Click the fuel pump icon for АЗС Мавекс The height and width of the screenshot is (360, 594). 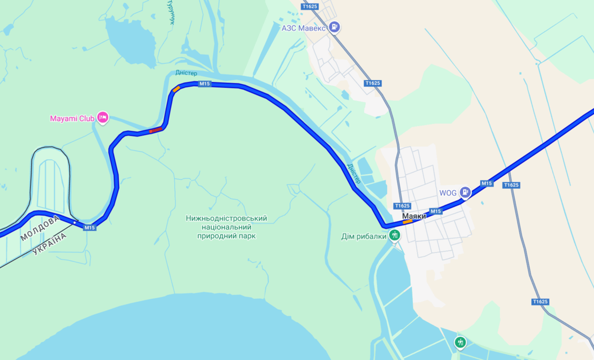[x=334, y=27]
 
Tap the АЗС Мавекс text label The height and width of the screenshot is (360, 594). [x=304, y=28]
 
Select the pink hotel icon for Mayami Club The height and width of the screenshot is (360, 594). [x=103, y=117]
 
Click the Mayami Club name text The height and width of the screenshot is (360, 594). [x=72, y=119]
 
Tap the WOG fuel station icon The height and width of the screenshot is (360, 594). [x=465, y=192]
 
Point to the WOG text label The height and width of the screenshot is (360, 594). [x=448, y=193]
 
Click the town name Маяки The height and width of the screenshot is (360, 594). [x=414, y=216]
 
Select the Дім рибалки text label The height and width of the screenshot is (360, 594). [x=364, y=237]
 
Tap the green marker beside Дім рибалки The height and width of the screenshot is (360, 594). [x=395, y=235]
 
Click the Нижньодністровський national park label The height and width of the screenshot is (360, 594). [x=226, y=227]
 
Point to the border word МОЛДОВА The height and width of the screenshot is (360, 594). [x=40, y=228]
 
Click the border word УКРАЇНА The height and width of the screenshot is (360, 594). [x=50, y=244]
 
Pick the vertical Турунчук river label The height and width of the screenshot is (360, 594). [x=172, y=12]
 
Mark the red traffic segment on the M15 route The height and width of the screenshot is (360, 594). [x=156, y=130]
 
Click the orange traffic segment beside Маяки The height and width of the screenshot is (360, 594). [x=407, y=222]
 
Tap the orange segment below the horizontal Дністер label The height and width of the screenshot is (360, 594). [x=176, y=89]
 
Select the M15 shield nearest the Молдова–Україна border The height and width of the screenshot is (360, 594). [x=89, y=228]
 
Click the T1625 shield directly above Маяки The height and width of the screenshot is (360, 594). [x=402, y=206]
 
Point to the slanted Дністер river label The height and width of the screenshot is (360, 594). [x=354, y=173]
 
